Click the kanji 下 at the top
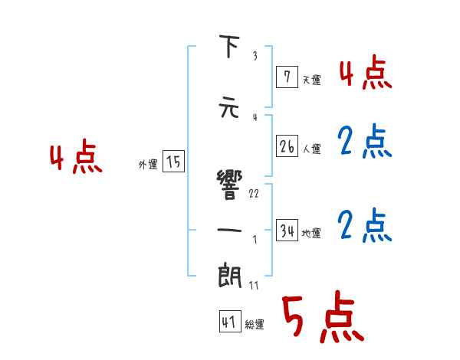(228, 47)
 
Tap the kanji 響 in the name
(228, 184)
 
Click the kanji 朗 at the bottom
(228, 277)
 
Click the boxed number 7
(286, 76)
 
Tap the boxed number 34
(287, 231)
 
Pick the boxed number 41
(229, 322)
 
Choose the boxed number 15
(173, 162)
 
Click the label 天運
(311, 79)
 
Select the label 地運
(312, 234)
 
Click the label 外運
(147, 164)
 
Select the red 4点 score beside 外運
(75, 159)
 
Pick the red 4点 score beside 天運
(365, 74)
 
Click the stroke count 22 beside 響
(254, 193)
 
